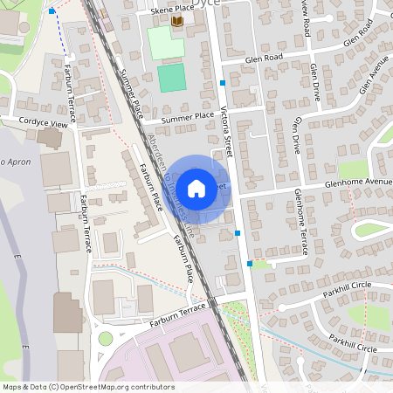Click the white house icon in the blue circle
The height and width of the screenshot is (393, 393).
click(x=196, y=187)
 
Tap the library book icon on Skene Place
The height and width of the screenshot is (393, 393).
click(x=177, y=22)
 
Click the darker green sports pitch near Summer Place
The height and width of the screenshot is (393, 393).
click(x=172, y=78)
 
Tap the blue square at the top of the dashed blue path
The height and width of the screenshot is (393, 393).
click(x=52, y=10)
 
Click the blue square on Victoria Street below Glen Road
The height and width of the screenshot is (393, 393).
click(x=223, y=83)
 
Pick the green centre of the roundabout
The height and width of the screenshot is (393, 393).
click(x=106, y=338)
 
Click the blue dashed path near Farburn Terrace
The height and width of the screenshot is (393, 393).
click(x=60, y=35)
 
